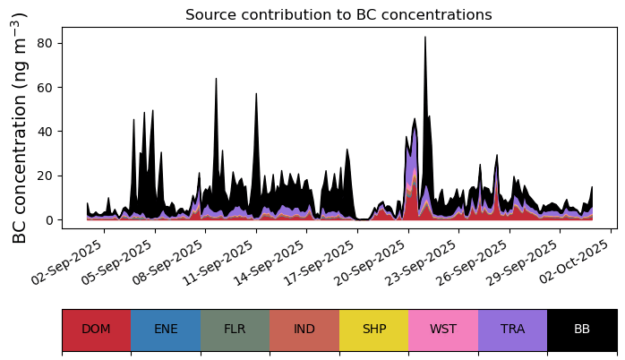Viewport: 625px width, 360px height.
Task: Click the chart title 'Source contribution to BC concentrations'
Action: pos(338,14)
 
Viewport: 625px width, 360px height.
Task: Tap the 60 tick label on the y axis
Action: pos(45,87)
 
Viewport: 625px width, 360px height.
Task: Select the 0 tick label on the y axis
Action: pos(49,220)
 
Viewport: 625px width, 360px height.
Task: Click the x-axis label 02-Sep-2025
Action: pos(66,261)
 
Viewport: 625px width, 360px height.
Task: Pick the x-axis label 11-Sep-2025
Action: pos(218,261)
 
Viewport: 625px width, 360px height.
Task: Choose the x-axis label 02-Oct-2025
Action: pos(574,261)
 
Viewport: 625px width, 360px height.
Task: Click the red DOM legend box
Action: pos(97,330)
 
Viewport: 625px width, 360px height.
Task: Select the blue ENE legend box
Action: pos(166,330)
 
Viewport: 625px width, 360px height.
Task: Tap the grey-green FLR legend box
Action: pos(235,330)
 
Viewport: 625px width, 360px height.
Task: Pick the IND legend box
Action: pos(304,330)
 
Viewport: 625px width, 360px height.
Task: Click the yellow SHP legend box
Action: pos(374,330)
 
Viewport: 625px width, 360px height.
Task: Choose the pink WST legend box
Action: pos(443,330)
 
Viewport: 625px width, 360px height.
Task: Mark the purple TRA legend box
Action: pos(512,330)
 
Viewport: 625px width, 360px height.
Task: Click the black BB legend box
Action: pos(582,330)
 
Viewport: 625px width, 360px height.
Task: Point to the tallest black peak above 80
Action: pos(425,38)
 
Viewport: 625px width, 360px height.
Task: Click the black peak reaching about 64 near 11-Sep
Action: pos(216,79)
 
